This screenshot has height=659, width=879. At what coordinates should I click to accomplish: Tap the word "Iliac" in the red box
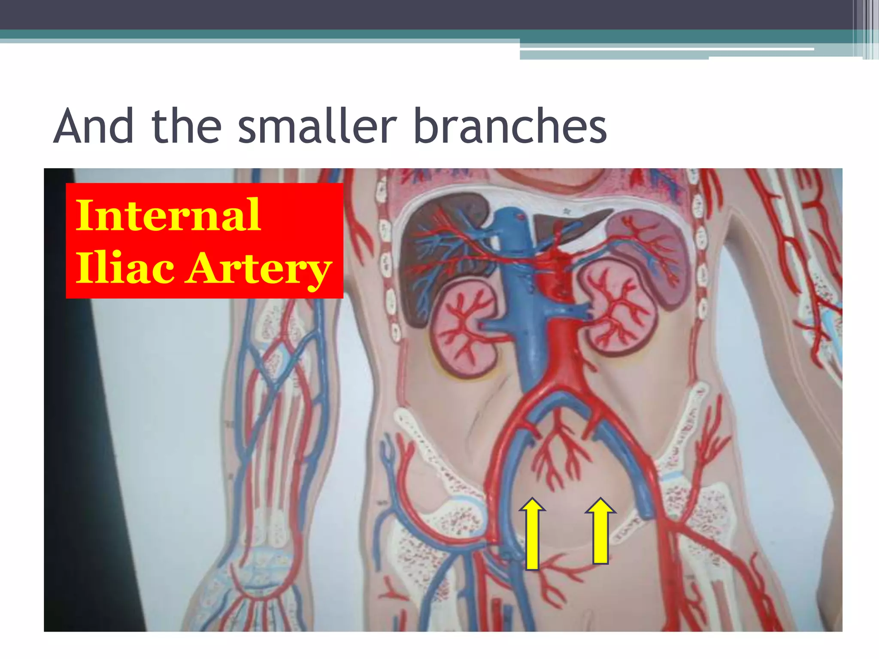[125, 268]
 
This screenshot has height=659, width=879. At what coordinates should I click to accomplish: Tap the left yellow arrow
[532, 534]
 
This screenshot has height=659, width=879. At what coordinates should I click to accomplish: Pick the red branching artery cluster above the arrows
[558, 455]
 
